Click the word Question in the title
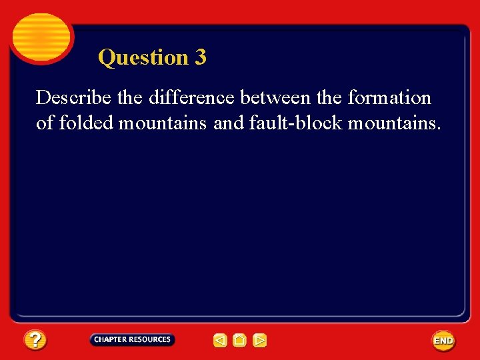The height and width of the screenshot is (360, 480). click(143, 58)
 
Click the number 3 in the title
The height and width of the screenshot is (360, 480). click(201, 57)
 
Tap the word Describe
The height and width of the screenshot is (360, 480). click(74, 98)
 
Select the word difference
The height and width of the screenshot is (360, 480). click(192, 98)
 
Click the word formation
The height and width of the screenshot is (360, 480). click(389, 98)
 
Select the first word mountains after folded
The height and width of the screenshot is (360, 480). click(163, 123)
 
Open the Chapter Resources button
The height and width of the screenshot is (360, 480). click(132, 339)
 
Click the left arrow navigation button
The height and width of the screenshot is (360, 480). click(220, 341)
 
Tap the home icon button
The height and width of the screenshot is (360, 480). click(240, 341)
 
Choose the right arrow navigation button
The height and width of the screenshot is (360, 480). click(260, 341)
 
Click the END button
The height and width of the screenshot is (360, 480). click(443, 341)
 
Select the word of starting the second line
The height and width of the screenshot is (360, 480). click(45, 123)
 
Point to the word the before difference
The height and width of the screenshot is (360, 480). click(130, 98)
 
